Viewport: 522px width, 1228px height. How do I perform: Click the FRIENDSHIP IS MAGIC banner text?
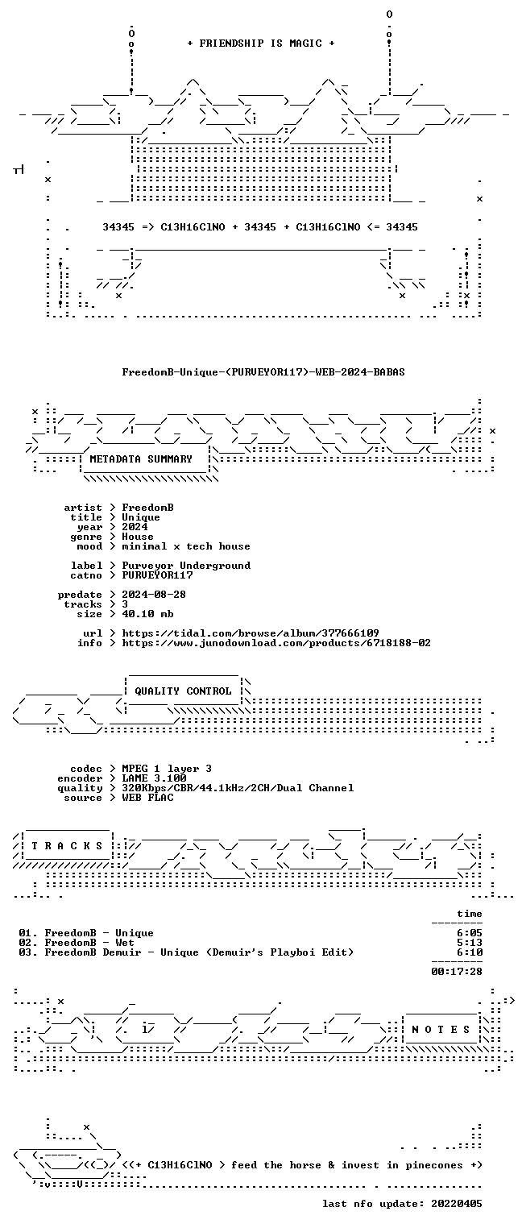(x=260, y=44)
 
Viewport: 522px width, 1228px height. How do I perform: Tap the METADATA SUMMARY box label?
(x=141, y=458)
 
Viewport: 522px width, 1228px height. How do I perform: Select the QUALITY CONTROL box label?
(x=183, y=691)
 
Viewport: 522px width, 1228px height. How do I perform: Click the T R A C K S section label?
(x=67, y=846)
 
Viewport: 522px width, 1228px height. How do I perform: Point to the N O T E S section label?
(x=441, y=1030)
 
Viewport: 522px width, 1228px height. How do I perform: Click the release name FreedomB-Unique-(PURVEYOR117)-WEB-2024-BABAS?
(x=263, y=372)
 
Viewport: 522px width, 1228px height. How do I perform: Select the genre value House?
(x=138, y=537)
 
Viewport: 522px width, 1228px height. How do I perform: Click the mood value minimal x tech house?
(x=186, y=546)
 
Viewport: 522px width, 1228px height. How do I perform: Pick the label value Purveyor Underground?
(x=186, y=566)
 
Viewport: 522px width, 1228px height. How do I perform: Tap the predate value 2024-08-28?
(x=154, y=595)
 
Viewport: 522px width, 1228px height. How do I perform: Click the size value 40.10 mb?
(x=147, y=614)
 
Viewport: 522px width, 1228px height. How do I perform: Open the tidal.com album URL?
(x=251, y=633)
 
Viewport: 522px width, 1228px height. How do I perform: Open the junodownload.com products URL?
(x=276, y=643)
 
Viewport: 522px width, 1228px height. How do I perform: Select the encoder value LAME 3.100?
(x=154, y=778)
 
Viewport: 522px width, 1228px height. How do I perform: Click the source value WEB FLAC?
(x=147, y=798)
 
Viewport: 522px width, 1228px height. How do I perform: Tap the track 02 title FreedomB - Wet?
(x=89, y=943)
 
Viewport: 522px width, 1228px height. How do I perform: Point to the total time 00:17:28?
(x=457, y=972)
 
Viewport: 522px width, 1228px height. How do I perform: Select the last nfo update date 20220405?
(x=457, y=1204)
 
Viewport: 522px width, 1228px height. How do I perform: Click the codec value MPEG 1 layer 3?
(x=167, y=770)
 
